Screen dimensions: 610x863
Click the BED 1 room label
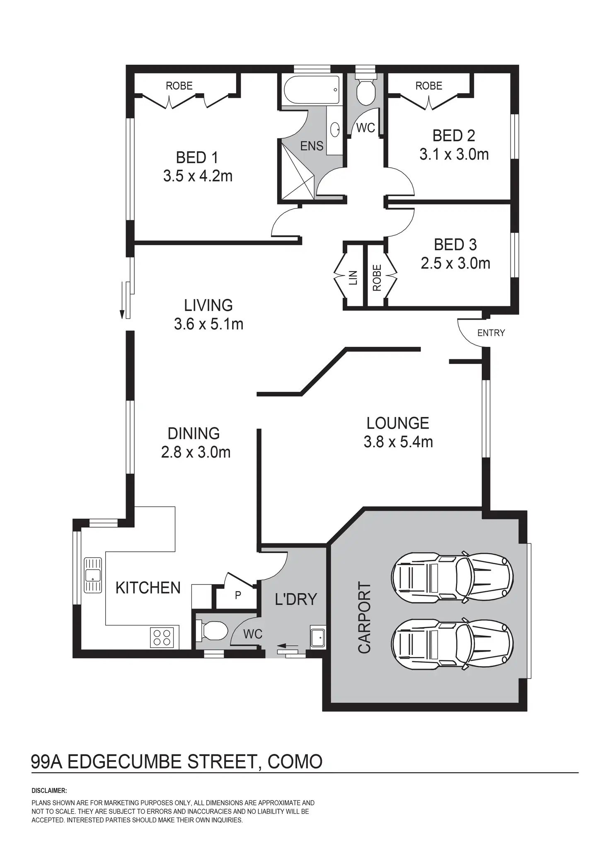coord(197,158)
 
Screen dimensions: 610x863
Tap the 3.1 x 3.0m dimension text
coord(454,155)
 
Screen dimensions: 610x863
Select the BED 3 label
coord(455,245)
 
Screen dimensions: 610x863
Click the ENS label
coord(312,146)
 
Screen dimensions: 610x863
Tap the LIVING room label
coord(208,305)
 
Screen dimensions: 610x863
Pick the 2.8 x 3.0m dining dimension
coord(196,452)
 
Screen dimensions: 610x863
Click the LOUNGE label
coord(397,423)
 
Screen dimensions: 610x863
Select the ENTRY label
coord(491,333)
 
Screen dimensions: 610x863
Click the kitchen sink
coord(93,575)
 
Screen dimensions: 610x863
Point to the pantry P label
coord(238,595)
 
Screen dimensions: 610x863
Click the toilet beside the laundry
coord(212,631)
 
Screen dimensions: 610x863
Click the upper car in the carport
coord(452,576)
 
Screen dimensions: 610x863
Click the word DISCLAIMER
coord(49,791)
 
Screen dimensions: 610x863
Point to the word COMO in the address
coord(295,762)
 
